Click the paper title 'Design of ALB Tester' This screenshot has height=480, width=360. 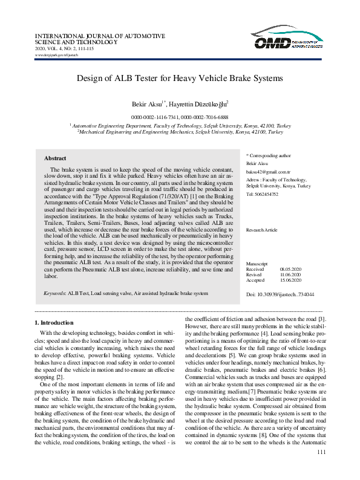click(x=180, y=78)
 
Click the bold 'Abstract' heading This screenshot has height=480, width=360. click(x=55, y=158)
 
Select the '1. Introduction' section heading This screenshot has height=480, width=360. click(x=54, y=323)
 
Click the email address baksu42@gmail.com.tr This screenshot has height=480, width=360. click(x=269, y=172)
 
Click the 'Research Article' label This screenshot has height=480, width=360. click(x=262, y=230)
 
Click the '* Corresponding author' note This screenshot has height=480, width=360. click(x=269, y=155)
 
